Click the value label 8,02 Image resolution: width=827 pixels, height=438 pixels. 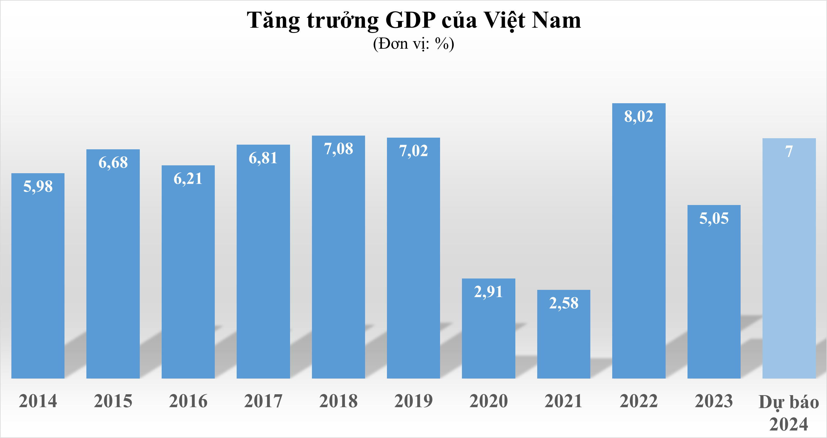tap(638, 116)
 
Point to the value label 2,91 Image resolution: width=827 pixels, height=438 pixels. tap(488, 292)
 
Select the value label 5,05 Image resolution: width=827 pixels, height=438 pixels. tap(714, 218)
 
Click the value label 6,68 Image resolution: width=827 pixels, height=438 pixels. tap(113, 163)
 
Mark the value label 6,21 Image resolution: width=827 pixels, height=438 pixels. tap(188, 179)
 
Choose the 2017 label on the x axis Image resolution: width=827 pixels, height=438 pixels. tap(263, 401)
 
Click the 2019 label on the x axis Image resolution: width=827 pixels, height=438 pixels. tap(413, 401)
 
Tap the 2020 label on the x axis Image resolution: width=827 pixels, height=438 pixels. tap(488, 401)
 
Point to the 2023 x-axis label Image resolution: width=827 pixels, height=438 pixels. tap(714, 401)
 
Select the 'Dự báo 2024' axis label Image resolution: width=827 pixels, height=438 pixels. tap(789, 413)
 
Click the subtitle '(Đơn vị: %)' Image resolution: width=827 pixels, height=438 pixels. tap(413, 44)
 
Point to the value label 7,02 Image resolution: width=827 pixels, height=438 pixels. tap(413, 151)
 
